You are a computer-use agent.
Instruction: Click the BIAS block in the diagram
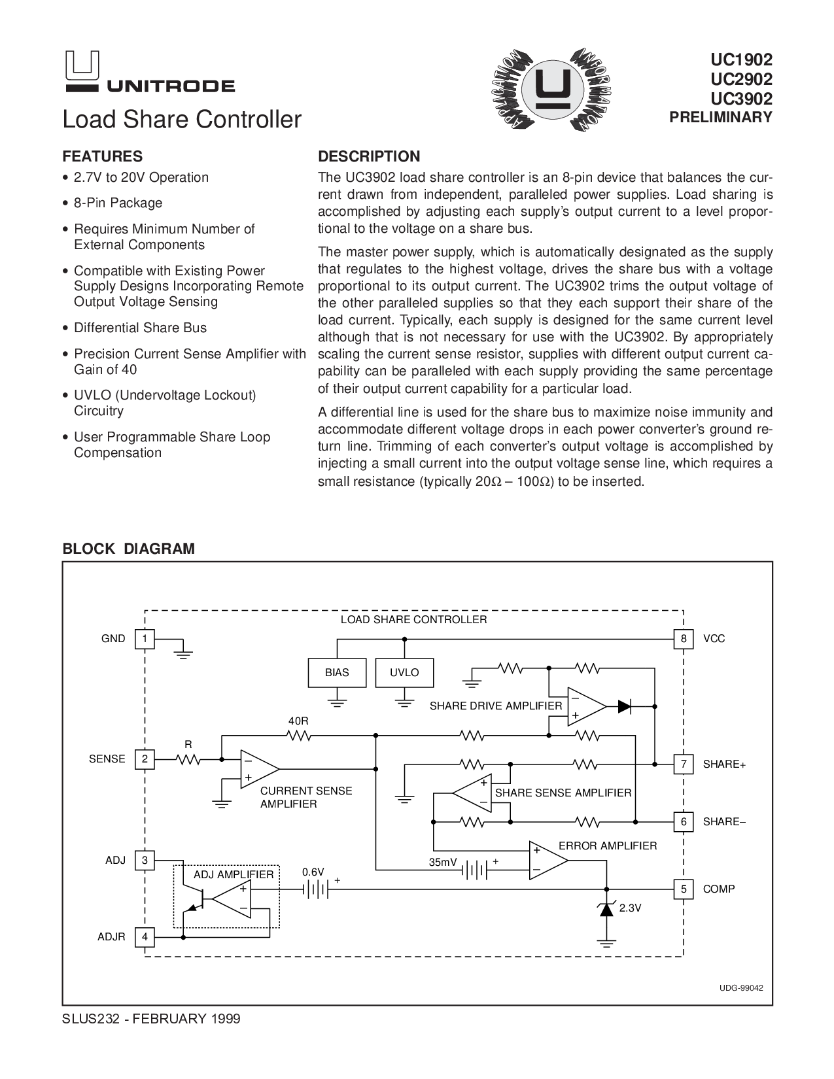click(x=337, y=673)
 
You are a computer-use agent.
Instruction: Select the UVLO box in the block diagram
click(x=404, y=673)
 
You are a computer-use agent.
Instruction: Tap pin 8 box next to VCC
click(x=684, y=639)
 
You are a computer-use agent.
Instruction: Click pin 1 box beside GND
click(x=145, y=639)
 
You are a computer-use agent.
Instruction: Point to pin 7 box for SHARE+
click(x=684, y=764)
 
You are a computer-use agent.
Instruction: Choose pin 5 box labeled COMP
click(x=684, y=889)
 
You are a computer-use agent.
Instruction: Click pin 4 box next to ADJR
click(x=145, y=937)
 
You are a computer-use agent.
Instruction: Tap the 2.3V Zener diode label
click(x=630, y=908)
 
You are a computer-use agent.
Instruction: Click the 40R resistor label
click(x=298, y=721)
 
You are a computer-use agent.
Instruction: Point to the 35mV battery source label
click(x=443, y=863)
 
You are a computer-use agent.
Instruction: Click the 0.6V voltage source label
click(x=313, y=872)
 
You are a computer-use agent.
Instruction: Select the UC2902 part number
click(x=742, y=79)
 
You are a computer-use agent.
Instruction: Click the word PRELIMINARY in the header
click(x=721, y=118)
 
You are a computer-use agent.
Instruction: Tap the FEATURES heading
click(x=102, y=157)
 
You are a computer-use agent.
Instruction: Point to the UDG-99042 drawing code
click(x=742, y=988)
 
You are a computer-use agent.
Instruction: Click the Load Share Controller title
click(x=182, y=120)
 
